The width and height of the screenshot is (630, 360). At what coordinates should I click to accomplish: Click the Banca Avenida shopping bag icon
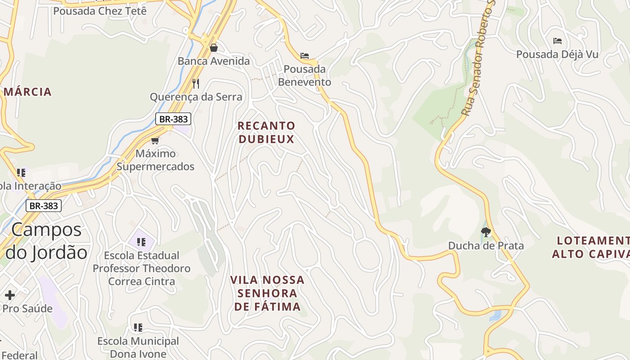coord(214,47)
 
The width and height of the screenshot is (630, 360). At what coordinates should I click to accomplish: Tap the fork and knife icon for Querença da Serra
coord(196,83)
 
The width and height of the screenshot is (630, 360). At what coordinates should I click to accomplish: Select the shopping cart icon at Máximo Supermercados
coord(155,140)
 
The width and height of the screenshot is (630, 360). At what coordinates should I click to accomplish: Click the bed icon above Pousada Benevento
coord(305,56)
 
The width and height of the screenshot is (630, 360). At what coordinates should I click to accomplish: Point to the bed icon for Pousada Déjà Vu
coord(558,41)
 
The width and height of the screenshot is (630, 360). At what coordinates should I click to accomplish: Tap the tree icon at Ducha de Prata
coord(486,232)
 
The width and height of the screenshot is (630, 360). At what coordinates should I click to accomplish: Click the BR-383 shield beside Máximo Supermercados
coord(173,119)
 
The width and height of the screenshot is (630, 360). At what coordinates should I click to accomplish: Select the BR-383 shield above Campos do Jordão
coord(43,206)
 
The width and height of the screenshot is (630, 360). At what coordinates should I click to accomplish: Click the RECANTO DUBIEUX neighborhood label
coord(266,132)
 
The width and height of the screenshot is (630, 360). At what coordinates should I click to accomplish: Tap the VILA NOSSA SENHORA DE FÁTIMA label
coord(267,293)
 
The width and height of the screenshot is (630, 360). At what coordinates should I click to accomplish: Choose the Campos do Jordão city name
coord(46,241)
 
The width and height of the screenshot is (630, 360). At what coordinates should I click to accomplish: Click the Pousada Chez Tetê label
coord(100,11)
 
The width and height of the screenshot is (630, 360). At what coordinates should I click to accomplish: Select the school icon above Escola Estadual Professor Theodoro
coord(141,242)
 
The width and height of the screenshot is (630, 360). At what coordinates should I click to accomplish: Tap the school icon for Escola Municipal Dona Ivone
coord(138,327)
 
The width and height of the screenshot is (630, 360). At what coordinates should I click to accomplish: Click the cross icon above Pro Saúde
coord(10,295)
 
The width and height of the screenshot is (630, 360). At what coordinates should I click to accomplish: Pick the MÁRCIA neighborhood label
coord(27,92)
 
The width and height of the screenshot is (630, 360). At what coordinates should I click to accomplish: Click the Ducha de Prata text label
coord(486,246)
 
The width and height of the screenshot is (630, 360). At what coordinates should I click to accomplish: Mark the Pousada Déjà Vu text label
coord(557,54)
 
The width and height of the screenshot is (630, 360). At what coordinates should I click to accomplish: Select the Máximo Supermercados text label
coord(156,160)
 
